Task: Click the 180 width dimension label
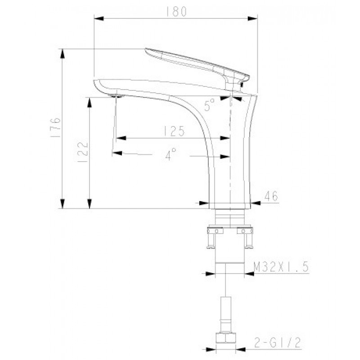coord(176,12)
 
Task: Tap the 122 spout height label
coord(82,152)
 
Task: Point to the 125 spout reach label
coord(174,131)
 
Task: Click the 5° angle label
coord(209,105)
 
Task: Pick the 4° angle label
coord(171,153)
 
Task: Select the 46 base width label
coord(271,196)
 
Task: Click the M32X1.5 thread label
coord(281,267)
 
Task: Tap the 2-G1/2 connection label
coord(277,343)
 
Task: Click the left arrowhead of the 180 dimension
coord(99,18)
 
